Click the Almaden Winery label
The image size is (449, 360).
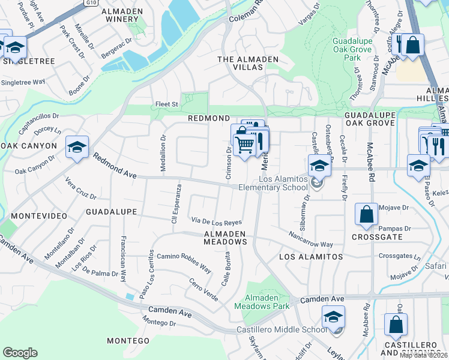[x=122, y=16]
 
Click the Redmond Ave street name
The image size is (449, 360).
[x=114, y=167]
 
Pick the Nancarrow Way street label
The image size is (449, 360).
[x=310, y=239]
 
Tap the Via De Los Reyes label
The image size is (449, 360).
[x=216, y=222]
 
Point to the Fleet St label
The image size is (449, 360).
[x=167, y=104]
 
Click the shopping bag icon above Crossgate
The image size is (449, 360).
[x=366, y=215]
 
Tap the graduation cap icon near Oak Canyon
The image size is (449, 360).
[x=77, y=148]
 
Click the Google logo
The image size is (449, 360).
[x=20, y=353]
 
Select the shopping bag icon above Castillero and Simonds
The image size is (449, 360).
[x=396, y=325]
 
